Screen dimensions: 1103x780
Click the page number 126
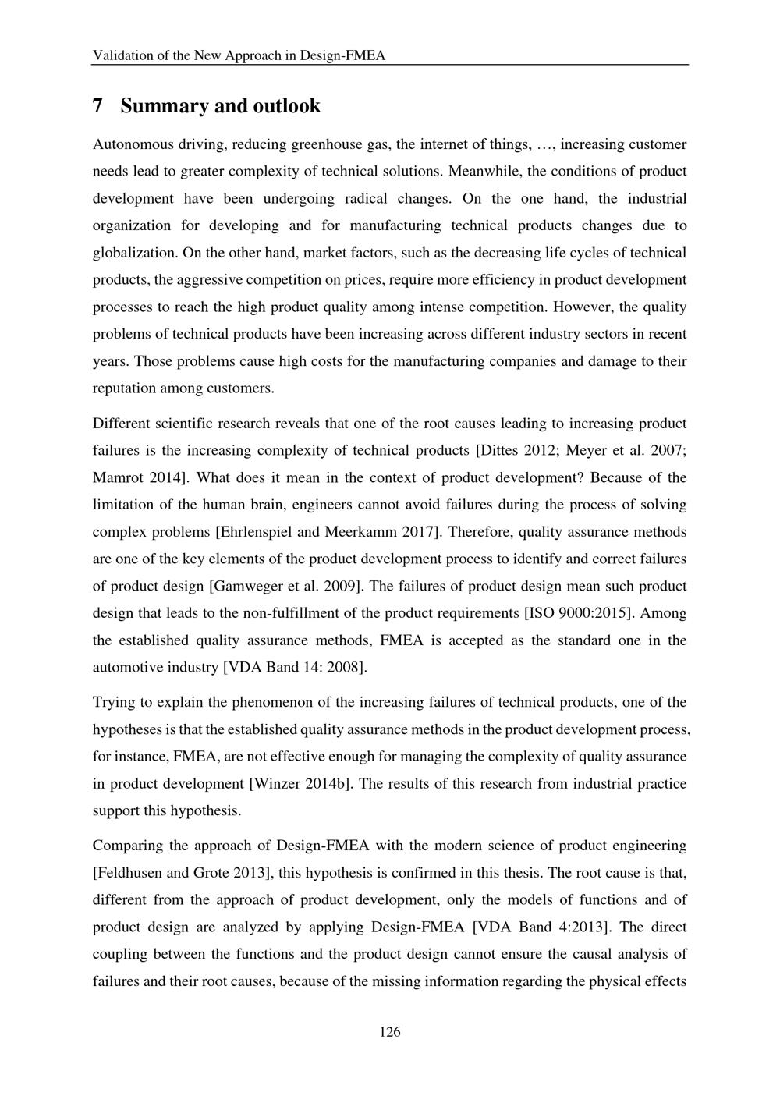[390, 1032]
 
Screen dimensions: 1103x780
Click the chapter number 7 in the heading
[97, 106]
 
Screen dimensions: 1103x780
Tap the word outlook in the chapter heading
[286, 106]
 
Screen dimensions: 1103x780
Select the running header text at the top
[239, 55]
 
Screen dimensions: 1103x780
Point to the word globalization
[133, 253]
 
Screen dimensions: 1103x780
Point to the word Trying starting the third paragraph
[115, 702]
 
